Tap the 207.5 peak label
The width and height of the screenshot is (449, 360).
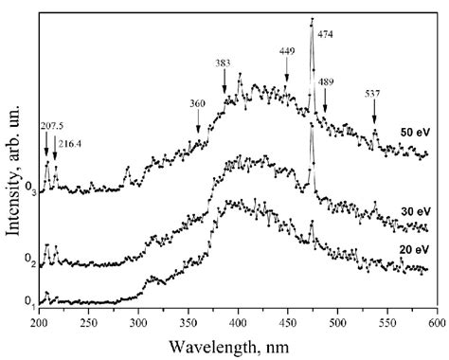click(50, 125)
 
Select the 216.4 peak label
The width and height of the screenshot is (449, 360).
click(71, 143)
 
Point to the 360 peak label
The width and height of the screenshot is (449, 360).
click(198, 103)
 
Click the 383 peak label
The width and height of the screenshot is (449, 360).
click(224, 63)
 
